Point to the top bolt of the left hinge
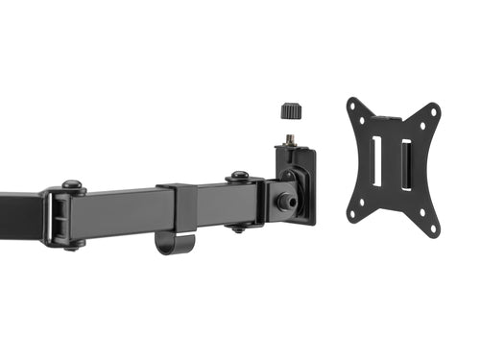tap(71, 184)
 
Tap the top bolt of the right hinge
tap(237, 176)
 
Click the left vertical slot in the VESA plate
tap(376, 162)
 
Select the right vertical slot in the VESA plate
tap(405, 164)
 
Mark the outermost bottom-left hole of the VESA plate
tap(353, 215)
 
